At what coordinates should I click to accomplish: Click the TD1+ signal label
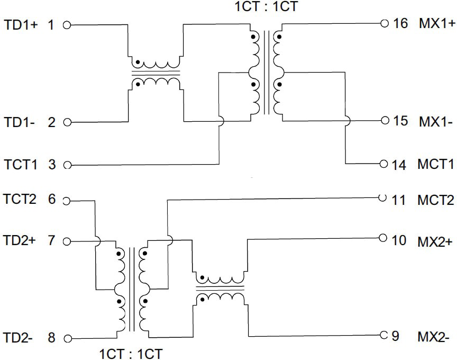click(21, 24)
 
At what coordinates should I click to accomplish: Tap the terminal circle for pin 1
click(67, 25)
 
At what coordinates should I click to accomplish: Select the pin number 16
click(401, 24)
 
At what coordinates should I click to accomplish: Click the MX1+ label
click(437, 24)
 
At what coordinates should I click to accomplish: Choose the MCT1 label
click(436, 165)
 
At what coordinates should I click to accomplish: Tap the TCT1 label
click(21, 165)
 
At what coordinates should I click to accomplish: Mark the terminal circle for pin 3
click(67, 165)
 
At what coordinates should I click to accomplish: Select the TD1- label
click(20, 122)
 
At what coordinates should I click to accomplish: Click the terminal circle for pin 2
click(67, 123)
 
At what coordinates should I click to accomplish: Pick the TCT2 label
click(21, 200)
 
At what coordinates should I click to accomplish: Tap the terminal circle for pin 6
click(67, 201)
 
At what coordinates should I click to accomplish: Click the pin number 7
click(51, 241)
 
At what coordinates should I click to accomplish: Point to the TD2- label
click(20, 337)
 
